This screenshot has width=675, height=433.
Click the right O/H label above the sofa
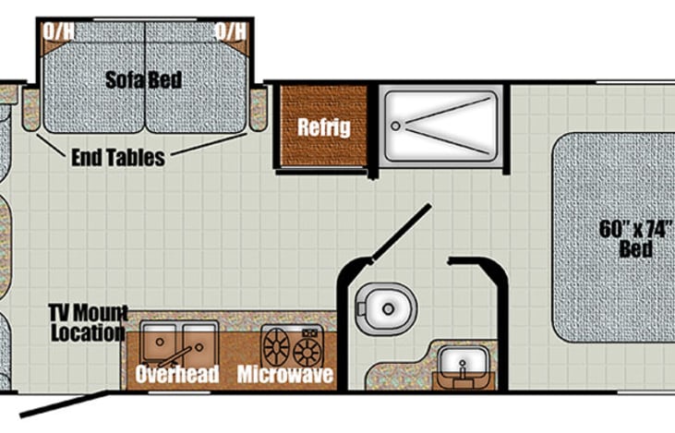pyautogui.click(x=230, y=31)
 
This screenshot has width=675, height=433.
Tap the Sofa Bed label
pyautogui.click(x=144, y=79)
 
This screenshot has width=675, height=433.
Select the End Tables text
pyautogui.click(x=118, y=158)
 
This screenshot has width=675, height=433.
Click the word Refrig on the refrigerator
pyautogui.click(x=323, y=127)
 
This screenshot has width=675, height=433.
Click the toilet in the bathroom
pyautogui.click(x=387, y=308)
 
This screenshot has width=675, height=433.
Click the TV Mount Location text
pyautogui.click(x=89, y=323)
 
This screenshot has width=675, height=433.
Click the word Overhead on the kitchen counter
pyautogui.click(x=177, y=375)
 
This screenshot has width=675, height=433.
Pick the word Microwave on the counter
pyautogui.click(x=284, y=375)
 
